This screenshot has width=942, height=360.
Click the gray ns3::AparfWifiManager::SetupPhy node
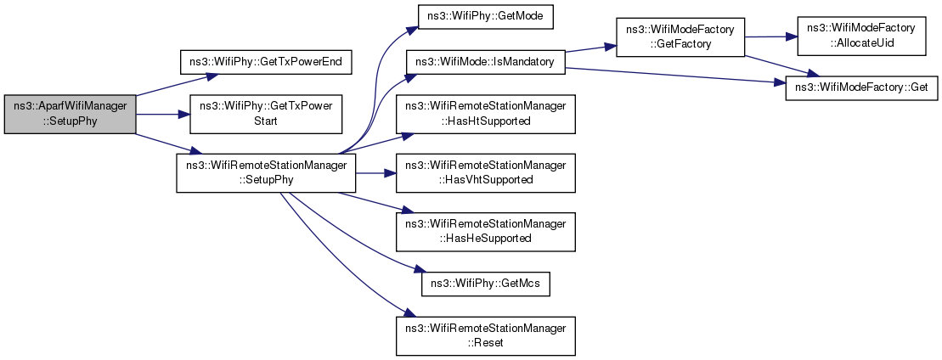coord(71,114)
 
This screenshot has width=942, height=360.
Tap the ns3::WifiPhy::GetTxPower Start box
coord(266,114)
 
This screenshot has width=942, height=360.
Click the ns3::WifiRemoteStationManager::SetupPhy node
coord(266,173)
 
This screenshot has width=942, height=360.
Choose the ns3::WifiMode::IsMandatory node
coord(485,63)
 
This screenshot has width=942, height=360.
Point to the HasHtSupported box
coord(485,114)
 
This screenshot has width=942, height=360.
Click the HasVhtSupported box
coord(485,173)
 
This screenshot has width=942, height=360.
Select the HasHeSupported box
coord(485,232)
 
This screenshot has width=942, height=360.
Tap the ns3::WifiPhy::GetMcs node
coord(485,284)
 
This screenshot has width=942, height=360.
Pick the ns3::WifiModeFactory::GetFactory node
coord(680,37)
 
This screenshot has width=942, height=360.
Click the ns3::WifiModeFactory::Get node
coord(861,87)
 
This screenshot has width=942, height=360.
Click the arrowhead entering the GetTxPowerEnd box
coord(213,76)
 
